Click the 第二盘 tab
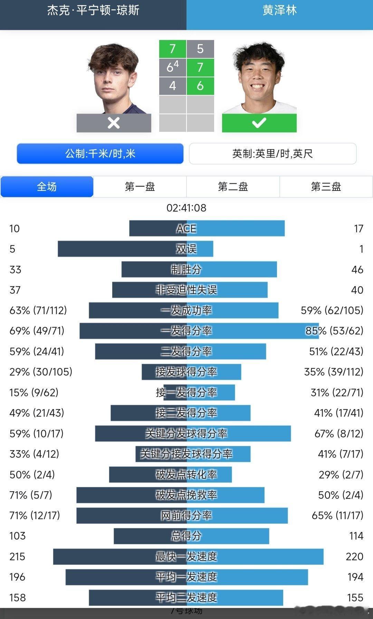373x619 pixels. pos(233,187)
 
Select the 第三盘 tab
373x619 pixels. pos(326,187)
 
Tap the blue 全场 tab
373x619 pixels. pos(47,187)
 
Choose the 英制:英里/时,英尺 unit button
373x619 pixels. pos(272,154)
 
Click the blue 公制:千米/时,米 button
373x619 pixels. pos(100,154)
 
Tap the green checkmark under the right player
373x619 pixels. pos(259,123)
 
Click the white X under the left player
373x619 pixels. pos(114,123)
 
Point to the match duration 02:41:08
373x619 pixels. pos(186,208)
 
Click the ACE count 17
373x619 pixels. pos(358,229)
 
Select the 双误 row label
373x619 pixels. pos(186,249)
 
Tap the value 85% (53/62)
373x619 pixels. pos(334,331)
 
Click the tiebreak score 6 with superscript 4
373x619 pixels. pos(172,67)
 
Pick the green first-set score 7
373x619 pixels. pos(172,49)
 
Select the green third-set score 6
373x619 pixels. pos(200,86)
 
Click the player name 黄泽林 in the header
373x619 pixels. pos(280,10)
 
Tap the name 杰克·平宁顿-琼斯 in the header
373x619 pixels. pos(93,10)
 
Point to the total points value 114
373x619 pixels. pos(356,536)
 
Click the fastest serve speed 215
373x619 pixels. pos(17,557)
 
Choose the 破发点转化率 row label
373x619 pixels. pos(186,475)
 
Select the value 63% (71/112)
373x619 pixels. pos(38,310)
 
